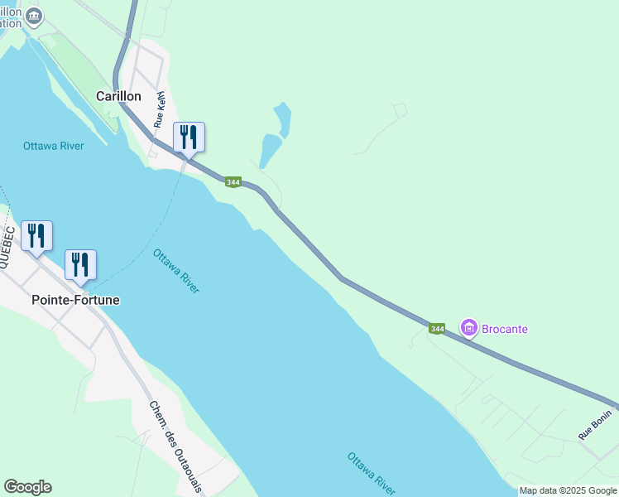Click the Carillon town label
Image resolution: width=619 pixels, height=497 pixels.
pyautogui.click(x=118, y=96)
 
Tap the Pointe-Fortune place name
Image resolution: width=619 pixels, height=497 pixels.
pyautogui.click(x=75, y=300)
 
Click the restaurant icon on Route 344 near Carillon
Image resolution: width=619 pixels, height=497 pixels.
pyautogui.click(x=189, y=137)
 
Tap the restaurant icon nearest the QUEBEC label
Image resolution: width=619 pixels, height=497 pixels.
pyautogui.click(x=36, y=235)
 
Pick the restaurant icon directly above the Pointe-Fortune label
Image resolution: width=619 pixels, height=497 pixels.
pyautogui.click(x=80, y=264)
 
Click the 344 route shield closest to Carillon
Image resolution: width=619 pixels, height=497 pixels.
pyautogui.click(x=233, y=182)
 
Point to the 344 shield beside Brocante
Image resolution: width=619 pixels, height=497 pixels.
pyautogui.click(x=438, y=329)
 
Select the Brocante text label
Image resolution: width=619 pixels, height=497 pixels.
pyautogui.click(x=506, y=329)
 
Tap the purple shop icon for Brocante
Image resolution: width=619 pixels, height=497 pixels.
pyautogui.click(x=469, y=329)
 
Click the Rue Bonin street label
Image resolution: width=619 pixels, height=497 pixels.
pyautogui.click(x=595, y=424)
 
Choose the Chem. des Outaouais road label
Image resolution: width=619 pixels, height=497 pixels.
pyautogui.click(x=176, y=446)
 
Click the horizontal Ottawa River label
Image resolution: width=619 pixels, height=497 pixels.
pyautogui.click(x=54, y=147)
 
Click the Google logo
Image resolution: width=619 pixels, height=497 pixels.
pyautogui.click(x=27, y=487)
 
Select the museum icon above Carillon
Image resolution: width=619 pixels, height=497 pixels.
pyautogui.click(x=33, y=15)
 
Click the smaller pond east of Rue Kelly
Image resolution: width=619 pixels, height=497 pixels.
pyautogui.click(x=283, y=118)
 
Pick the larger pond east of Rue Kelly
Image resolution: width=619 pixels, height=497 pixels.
pyautogui.click(x=270, y=150)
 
